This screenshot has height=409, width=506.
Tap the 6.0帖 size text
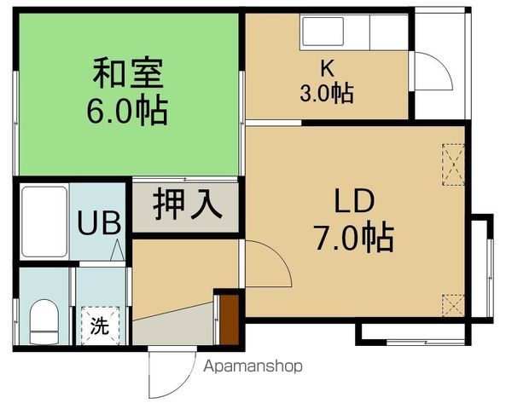click(x=128, y=109)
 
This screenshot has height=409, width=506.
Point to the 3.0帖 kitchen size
click(x=327, y=92)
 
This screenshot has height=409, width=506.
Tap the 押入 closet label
click(x=187, y=205)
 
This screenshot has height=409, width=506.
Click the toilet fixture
click(x=43, y=319)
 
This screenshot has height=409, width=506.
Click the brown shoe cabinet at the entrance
click(x=228, y=318)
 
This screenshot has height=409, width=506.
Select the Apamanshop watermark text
click(x=253, y=366)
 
